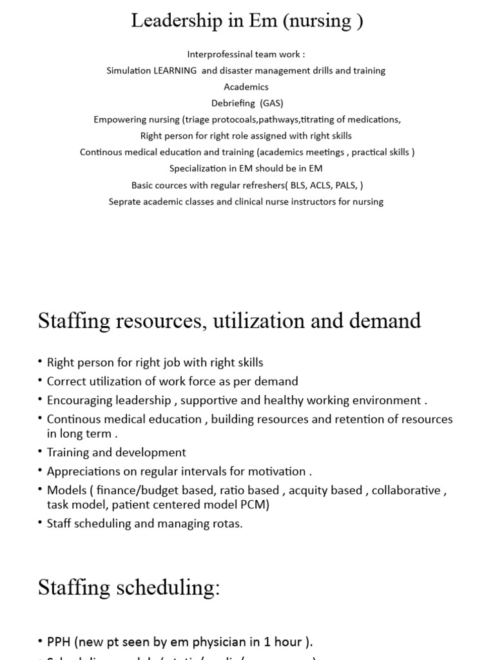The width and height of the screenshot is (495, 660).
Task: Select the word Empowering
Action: pos(117,119)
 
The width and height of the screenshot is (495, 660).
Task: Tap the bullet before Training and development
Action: pos(41,453)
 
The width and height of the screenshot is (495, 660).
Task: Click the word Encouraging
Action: pos(81,400)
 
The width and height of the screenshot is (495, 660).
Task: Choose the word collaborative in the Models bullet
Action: pos(406,490)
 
